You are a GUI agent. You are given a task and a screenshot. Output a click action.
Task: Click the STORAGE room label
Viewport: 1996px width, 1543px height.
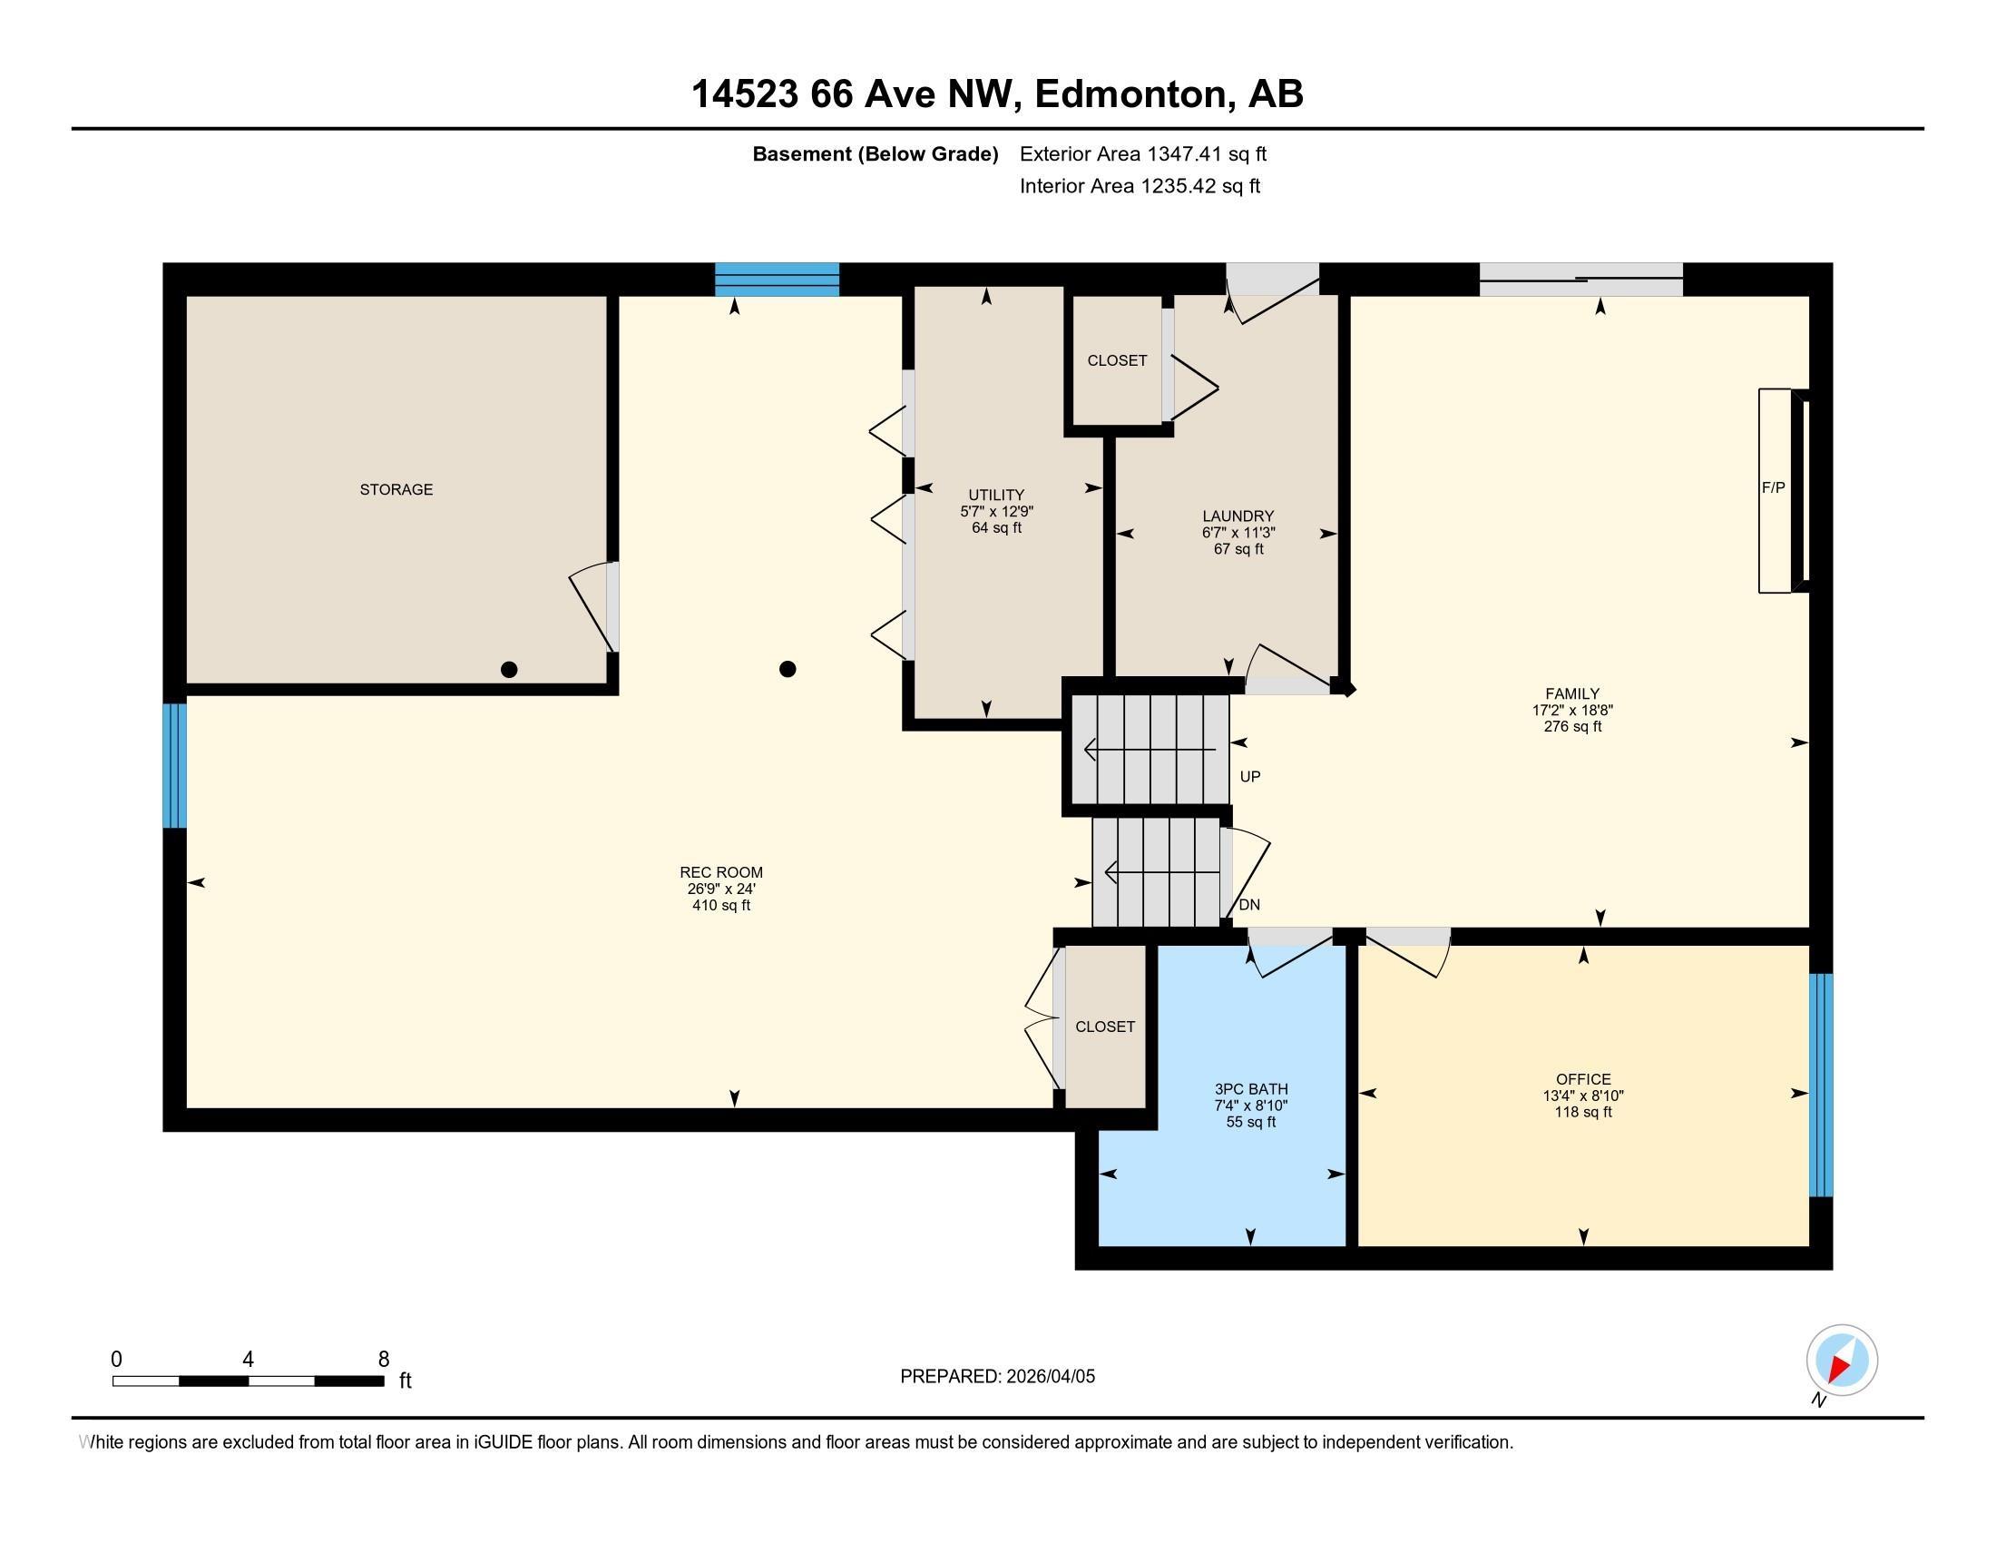(396, 490)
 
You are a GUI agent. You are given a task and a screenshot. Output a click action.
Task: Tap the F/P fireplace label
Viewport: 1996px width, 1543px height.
(1773, 488)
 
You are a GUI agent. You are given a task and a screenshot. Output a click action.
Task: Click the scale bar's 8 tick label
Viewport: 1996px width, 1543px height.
(384, 1360)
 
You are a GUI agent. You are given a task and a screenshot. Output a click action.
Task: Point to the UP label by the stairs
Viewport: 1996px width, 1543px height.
(1250, 777)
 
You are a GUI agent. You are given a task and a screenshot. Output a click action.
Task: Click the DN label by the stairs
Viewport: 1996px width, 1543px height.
(1249, 905)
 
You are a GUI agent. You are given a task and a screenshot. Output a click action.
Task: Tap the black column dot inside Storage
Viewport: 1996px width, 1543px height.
(509, 669)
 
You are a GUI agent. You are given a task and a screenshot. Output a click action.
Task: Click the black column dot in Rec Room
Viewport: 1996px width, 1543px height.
(787, 669)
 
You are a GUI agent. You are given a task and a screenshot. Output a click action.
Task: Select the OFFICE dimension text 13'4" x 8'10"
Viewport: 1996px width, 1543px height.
(1583, 1096)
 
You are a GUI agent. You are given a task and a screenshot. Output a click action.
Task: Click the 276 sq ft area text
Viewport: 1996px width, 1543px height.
(1572, 727)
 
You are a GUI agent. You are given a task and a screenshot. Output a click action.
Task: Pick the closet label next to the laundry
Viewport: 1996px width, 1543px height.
(1117, 361)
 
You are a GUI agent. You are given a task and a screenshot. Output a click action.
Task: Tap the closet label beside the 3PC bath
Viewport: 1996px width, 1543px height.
(1105, 1027)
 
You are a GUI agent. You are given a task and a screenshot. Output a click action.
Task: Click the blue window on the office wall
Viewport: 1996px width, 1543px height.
(1822, 1085)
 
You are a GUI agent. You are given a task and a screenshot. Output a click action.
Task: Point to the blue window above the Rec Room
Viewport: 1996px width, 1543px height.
(777, 280)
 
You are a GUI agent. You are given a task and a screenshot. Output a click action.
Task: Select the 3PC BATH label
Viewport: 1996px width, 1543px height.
(1251, 1089)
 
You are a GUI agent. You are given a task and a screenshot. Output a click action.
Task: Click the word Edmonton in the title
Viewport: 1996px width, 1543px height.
(1130, 94)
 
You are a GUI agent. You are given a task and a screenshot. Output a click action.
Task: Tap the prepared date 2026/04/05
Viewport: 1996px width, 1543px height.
(1049, 1377)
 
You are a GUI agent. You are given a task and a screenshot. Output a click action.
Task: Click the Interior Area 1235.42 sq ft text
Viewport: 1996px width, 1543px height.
(1140, 186)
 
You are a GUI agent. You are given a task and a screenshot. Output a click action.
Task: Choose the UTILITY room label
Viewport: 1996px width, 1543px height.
(996, 496)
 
